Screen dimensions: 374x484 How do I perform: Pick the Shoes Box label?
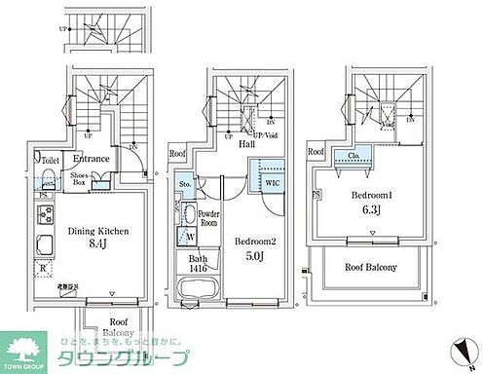click(x=80, y=179)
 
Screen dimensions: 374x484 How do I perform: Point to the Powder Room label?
click(x=207, y=217)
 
